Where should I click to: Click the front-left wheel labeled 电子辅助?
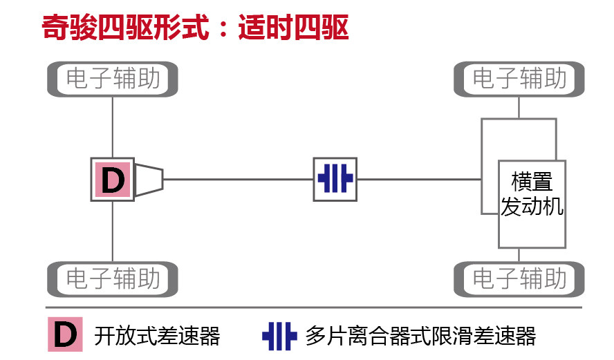[x=113, y=79]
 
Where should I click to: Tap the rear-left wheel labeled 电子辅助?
[x=113, y=279]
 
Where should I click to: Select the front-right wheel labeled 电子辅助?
[x=519, y=79]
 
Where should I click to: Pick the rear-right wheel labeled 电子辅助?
[x=519, y=279]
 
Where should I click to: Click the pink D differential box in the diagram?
[x=112, y=180]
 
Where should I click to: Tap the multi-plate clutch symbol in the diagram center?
[x=335, y=180]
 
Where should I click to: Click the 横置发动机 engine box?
[x=532, y=204]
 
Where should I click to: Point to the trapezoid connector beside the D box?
[x=149, y=180]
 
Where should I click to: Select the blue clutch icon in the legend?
[x=279, y=336]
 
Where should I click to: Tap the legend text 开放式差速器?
[x=157, y=336]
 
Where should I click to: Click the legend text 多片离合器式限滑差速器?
[x=420, y=336]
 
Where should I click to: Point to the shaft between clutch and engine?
[x=418, y=180]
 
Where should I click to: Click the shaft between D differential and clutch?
[x=239, y=180]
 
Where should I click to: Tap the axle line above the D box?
[x=113, y=127]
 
